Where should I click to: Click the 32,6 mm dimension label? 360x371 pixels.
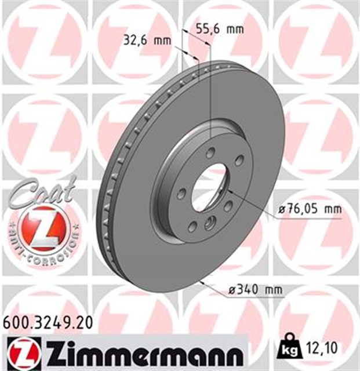point(147,41)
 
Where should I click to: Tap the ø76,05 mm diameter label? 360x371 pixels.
point(307,209)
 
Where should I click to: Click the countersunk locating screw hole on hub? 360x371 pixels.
point(210,220)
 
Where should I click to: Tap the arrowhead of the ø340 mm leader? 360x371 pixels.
point(199,282)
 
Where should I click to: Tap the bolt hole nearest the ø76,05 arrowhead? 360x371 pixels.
point(228,206)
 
